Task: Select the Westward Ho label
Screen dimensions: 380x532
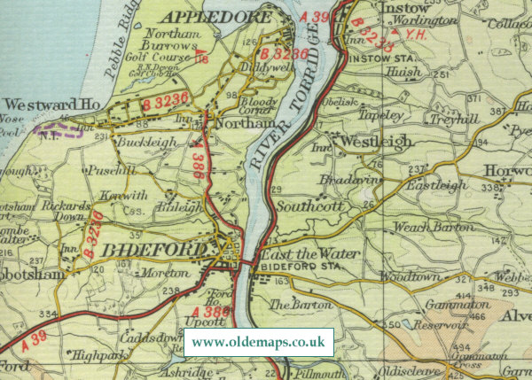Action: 50,105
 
